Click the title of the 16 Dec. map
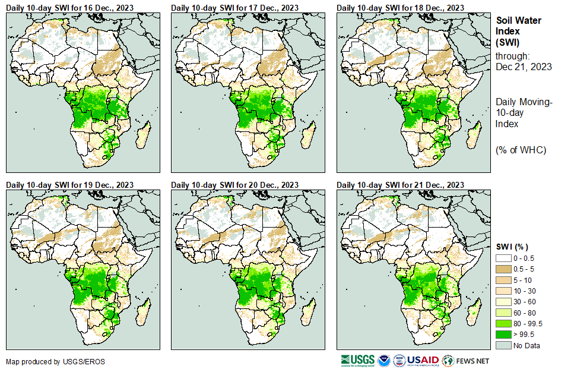[69, 7]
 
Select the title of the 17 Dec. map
[235, 7]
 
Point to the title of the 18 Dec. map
[401, 7]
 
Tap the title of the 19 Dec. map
[69, 185]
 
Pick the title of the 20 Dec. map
[235, 185]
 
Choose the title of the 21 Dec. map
[401, 185]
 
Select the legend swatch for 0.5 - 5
[504, 269]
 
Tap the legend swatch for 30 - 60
[504, 301]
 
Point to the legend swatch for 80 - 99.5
[504, 323]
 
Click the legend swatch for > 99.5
[504, 334]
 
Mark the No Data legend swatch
[504, 345]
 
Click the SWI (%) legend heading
[512, 247]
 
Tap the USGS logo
[358, 360]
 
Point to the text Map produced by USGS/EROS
[47, 361]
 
